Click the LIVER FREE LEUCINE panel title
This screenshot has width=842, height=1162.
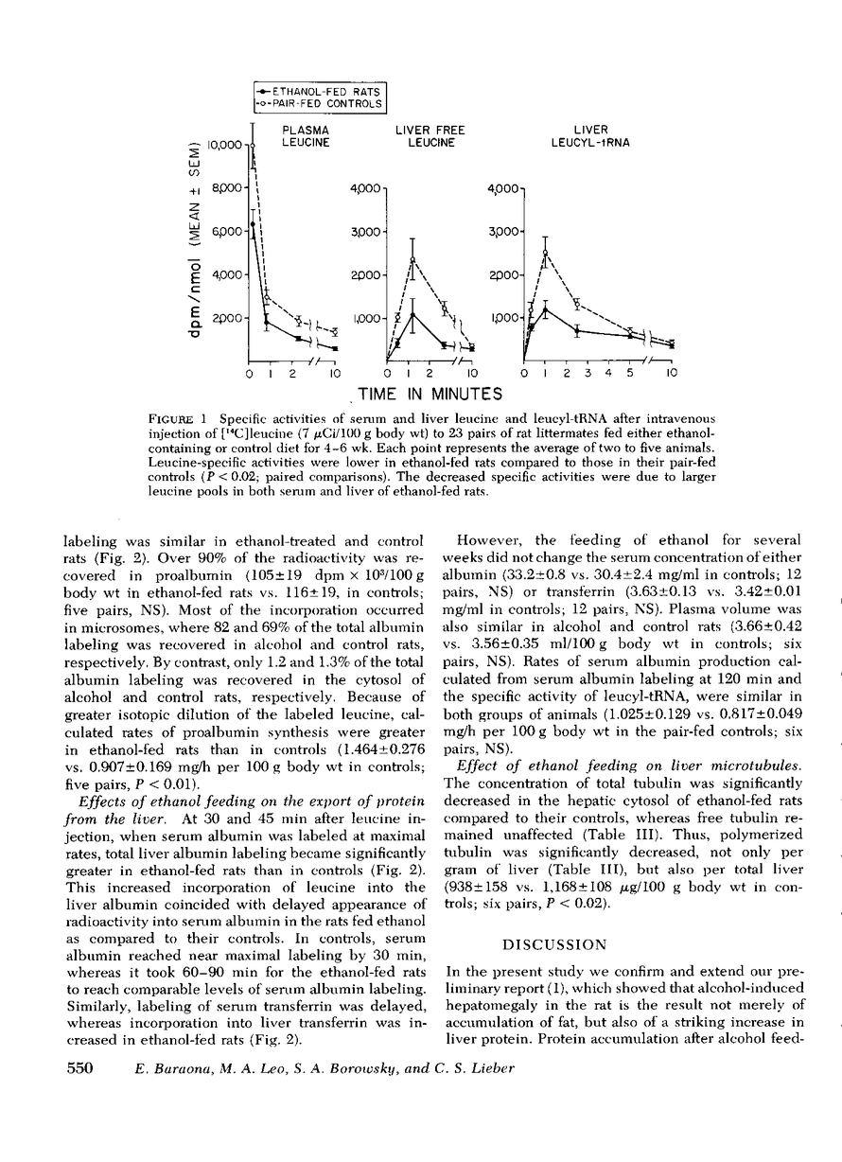click(430, 136)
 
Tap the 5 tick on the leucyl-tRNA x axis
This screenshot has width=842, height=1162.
click(630, 375)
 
